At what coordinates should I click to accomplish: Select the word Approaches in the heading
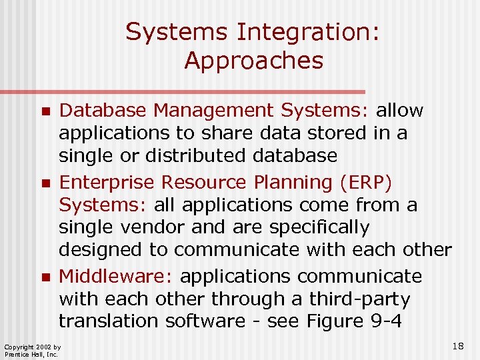coord(253,61)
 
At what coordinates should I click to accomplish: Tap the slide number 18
coord(457,346)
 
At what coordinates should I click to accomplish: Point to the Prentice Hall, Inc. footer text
coord(31,354)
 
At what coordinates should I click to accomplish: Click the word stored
coord(331,133)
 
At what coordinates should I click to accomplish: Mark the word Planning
coord(296,182)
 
